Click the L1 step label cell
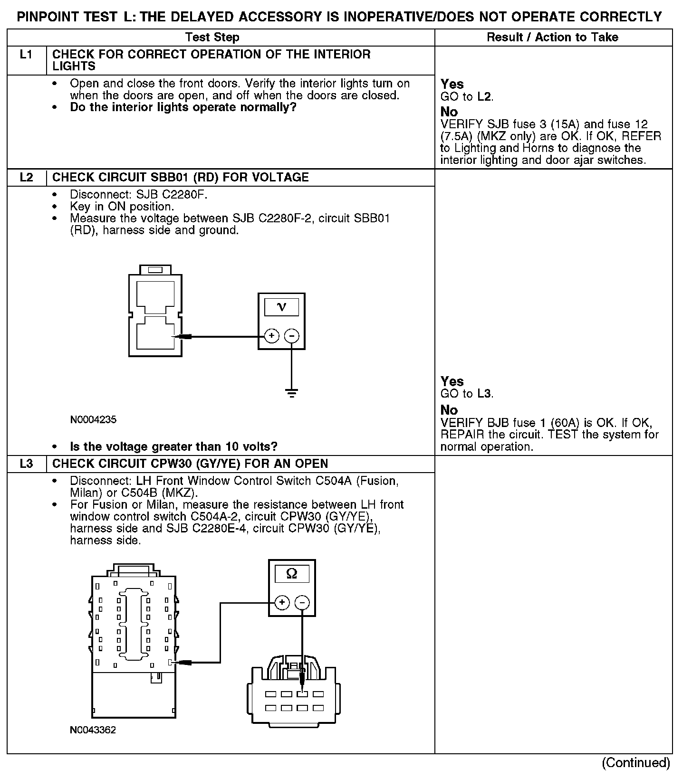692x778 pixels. point(27,55)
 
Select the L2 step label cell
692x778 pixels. point(27,178)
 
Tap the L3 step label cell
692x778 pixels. point(27,464)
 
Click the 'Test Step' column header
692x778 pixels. point(212,37)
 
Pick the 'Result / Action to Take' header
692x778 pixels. point(552,37)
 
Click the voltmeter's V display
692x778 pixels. point(281,307)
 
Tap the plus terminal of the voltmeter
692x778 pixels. point(271,336)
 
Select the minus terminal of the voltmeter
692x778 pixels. point(291,336)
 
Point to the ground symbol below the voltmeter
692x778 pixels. point(291,393)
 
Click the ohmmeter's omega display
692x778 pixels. point(292,574)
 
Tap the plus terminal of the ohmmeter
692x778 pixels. point(282,603)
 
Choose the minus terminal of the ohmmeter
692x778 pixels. point(302,603)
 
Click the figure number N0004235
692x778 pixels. point(93,419)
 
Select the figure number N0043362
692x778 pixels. point(93,730)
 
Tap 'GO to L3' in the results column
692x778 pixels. point(467,394)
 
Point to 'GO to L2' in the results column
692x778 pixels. point(467,97)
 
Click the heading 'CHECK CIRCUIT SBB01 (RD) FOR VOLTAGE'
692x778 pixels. point(181,178)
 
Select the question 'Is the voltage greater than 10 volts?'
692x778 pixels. point(173,446)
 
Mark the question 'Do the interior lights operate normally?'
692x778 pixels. point(183,107)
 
